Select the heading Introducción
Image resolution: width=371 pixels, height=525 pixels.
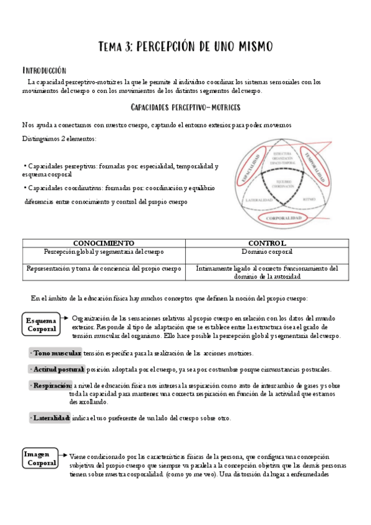coord(44,70)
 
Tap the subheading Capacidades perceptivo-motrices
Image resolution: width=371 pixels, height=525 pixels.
coord(185,107)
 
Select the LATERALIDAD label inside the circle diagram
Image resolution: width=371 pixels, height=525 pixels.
coord(255,200)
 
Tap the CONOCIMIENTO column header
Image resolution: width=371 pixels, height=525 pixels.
coord(104,243)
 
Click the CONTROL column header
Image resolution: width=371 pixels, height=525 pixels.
coord(267,243)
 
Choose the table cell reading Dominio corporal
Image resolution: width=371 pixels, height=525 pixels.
coord(267,252)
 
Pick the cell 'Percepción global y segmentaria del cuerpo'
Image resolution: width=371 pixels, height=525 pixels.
coord(104,252)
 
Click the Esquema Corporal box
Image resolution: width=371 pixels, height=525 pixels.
coord(41,325)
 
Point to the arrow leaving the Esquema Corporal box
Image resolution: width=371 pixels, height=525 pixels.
coord(66,321)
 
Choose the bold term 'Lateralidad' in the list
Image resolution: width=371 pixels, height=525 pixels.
coord(51,418)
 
